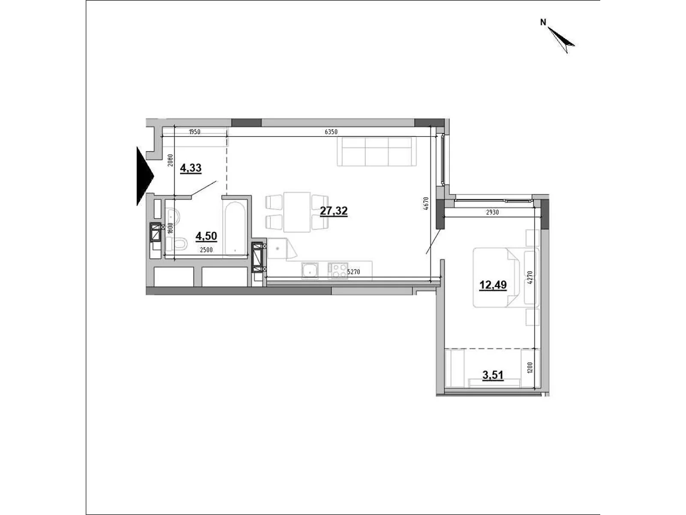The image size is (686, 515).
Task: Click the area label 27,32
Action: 334,211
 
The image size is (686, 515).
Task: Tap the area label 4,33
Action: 191,168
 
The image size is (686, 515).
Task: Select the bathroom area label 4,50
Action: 206,236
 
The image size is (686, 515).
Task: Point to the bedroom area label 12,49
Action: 493,285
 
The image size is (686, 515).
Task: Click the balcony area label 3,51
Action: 493,375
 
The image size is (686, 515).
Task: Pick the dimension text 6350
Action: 331,132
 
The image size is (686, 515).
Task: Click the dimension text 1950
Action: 194,132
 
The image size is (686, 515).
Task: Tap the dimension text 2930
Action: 492,212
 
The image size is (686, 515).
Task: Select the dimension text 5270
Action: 354,272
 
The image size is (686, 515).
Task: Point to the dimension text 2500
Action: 206,250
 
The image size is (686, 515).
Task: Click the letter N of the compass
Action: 543,22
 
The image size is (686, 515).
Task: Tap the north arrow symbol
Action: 561,40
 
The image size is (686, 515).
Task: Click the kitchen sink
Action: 310,270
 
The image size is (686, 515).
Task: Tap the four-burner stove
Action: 337,270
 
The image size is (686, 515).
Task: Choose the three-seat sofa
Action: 376,151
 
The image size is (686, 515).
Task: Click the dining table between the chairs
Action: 297,212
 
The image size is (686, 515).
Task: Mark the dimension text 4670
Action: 427,203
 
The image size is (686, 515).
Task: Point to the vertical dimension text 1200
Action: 530,368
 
